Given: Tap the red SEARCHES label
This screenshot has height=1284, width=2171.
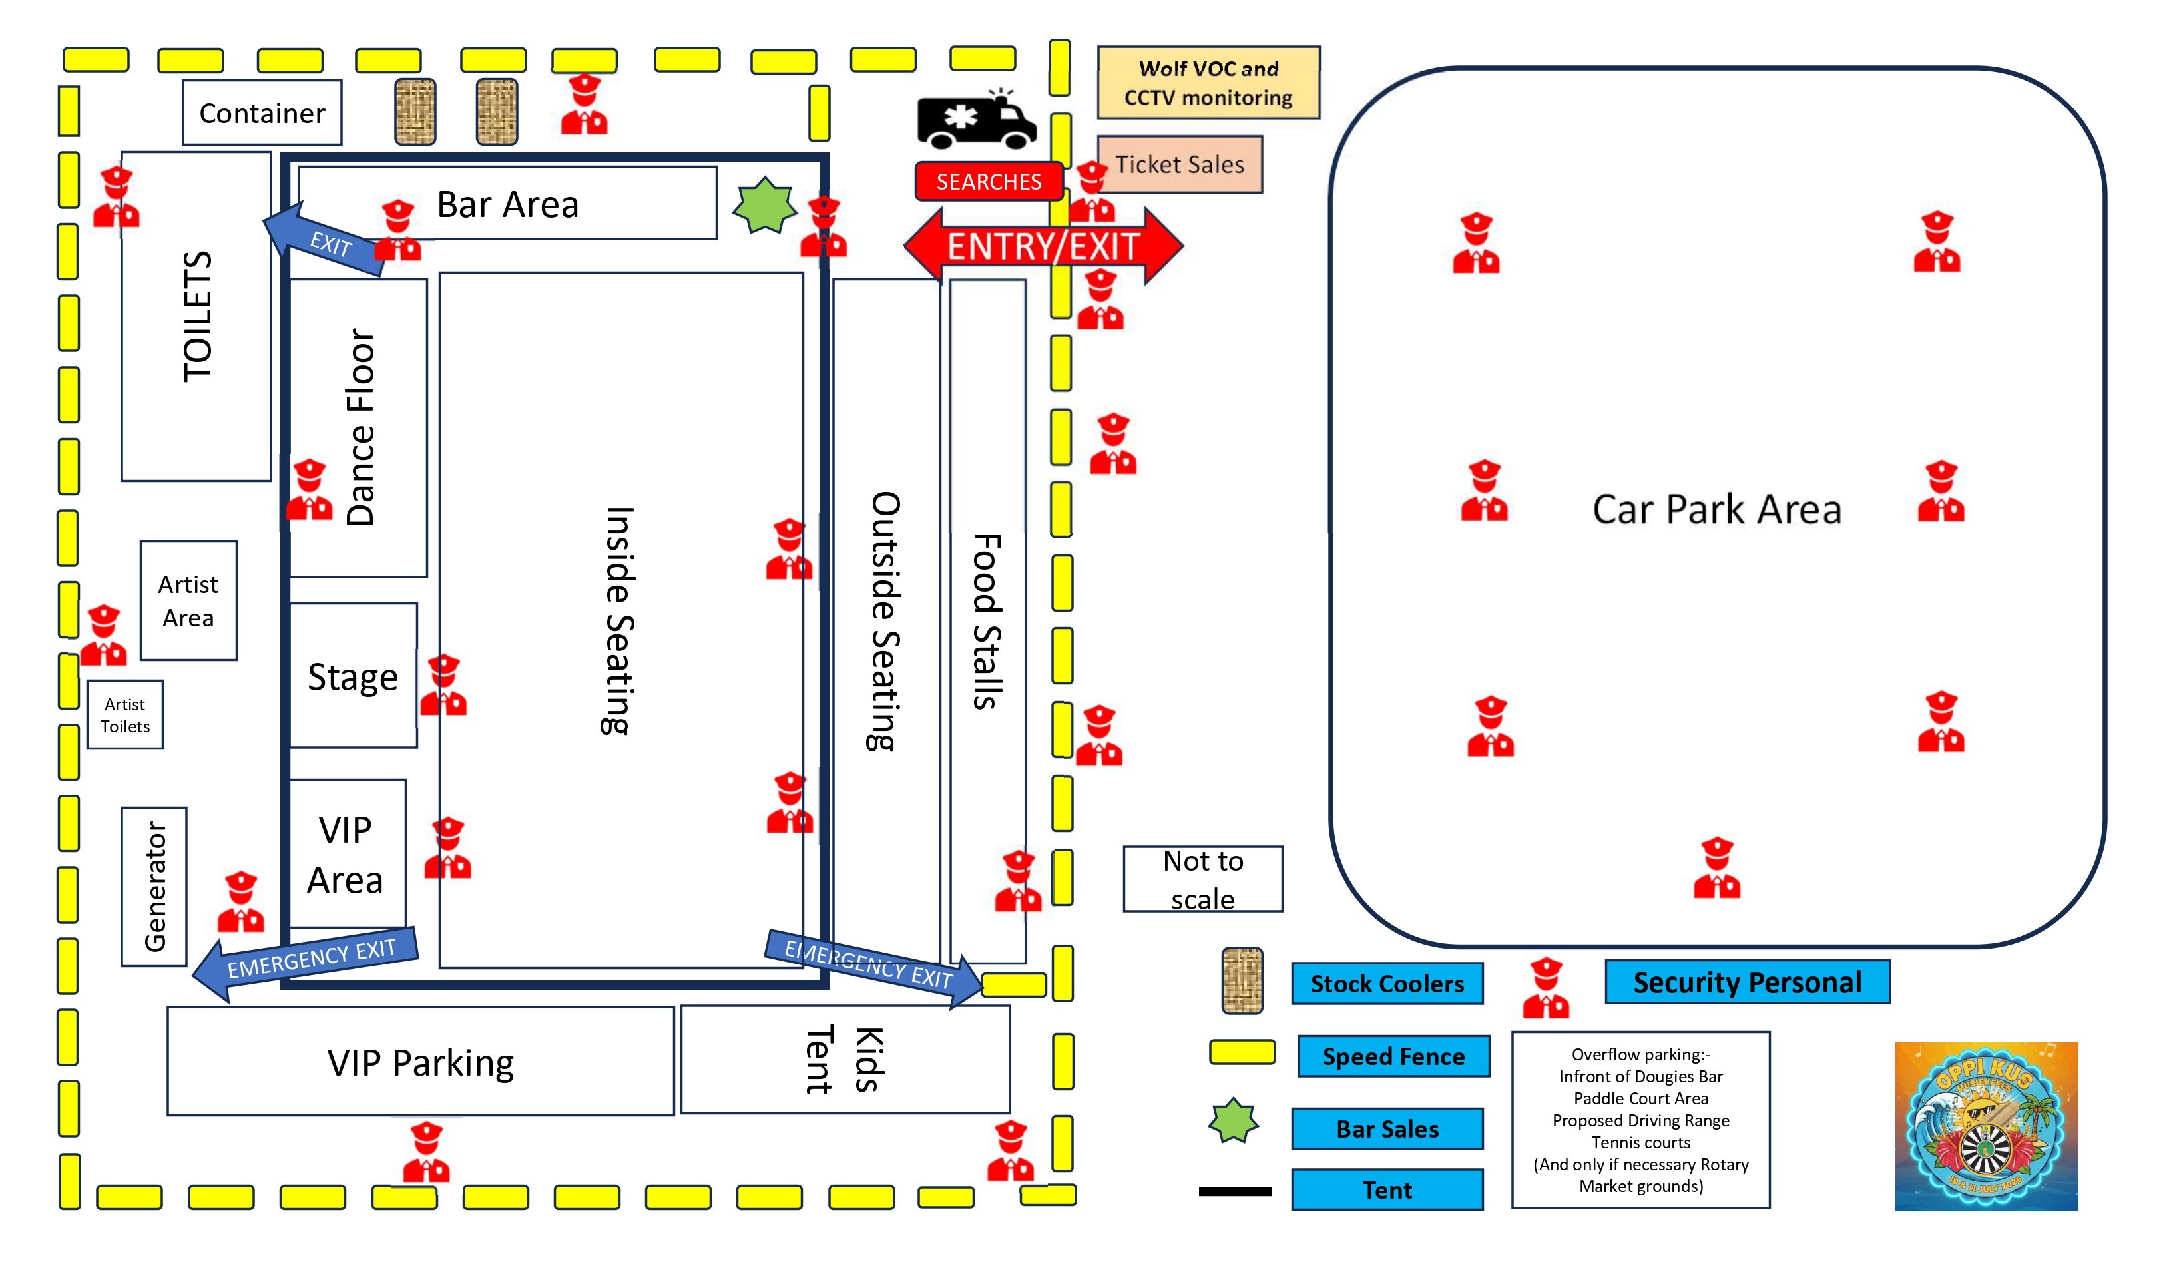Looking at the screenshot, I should tap(989, 182).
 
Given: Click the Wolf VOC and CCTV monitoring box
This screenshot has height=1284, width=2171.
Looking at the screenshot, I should tap(1208, 83).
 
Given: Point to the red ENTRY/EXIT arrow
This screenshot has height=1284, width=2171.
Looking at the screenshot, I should tap(1043, 246).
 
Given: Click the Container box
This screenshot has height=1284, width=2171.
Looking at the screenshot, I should tap(262, 113).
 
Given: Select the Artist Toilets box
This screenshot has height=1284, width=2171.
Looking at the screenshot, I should tap(125, 715).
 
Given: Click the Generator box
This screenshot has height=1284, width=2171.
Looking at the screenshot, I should tap(154, 886).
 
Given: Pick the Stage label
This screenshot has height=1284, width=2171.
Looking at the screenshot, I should tap(353, 676).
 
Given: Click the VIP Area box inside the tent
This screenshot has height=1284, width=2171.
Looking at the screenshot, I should tap(346, 854).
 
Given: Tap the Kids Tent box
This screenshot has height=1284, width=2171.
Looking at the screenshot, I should tap(845, 1059).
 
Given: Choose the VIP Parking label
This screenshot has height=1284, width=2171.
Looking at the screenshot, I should tap(421, 1062).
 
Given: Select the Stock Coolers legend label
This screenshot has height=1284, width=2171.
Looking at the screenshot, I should tap(1386, 984).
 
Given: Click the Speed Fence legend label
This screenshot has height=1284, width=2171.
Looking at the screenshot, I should tap(1393, 1056).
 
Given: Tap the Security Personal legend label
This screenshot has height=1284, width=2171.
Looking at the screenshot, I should tap(1747, 982).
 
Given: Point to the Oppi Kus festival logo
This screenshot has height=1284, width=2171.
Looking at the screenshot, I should tap(1986, 1126).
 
